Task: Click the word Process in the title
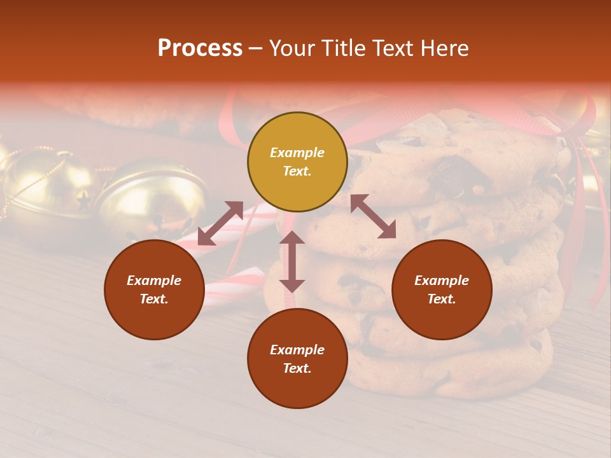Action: [x=200, y=48]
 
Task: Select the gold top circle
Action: [x=297, y=162]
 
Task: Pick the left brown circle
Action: [x=154, y=289]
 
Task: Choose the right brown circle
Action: [x=442, y=289]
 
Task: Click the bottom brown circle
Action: [x=297, y=358]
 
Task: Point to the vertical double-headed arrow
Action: [x=292, y=261]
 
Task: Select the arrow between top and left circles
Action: [x=220, y=223]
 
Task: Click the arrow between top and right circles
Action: [x=373, y=216]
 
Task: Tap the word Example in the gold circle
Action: [x=297, y=153]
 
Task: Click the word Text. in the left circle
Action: [x=154, y=299]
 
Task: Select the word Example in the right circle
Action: [x=442, y=281]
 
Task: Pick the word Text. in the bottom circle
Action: [x=297, y=368]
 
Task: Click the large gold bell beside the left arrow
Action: [x=153, y=197]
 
